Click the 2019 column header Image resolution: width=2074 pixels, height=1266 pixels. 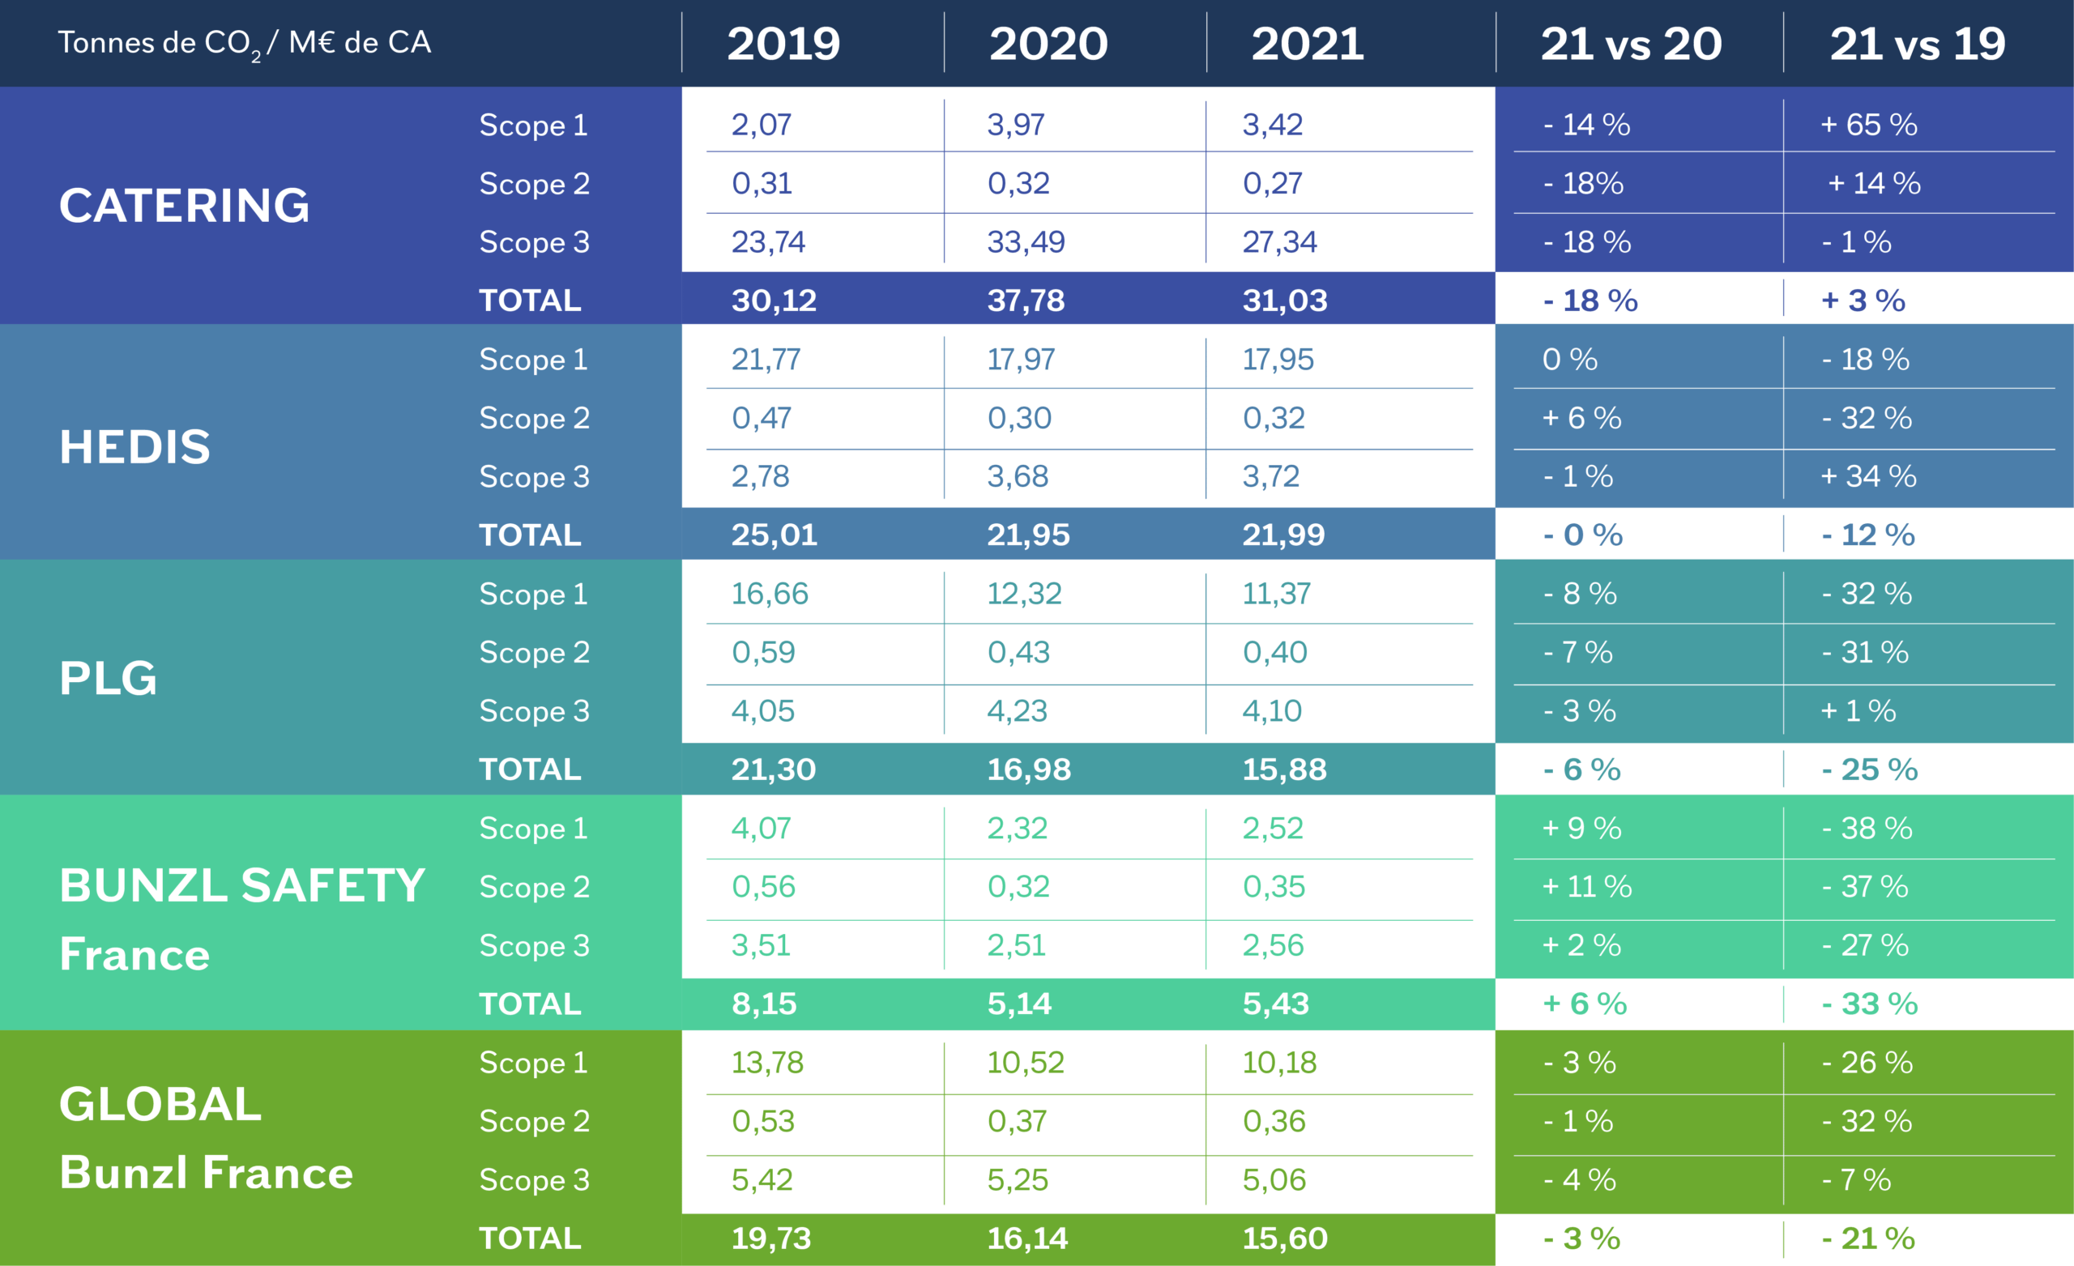pos(783,44)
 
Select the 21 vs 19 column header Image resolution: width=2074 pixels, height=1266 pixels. pos(1917,44)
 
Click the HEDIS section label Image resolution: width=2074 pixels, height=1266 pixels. pos(134,446)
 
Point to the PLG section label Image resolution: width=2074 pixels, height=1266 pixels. pos(108,678)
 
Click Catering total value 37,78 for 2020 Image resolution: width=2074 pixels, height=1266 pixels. pos(1025,301)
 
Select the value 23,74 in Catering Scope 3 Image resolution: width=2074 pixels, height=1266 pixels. pos(768,242)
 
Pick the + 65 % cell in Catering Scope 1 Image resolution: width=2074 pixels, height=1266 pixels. pos(1867,125)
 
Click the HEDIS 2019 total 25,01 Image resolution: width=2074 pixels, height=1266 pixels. pos(774,535)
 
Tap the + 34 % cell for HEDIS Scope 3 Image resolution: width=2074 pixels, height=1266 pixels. pos(1867,476)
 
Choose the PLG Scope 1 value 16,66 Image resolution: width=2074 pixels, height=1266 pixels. pos(769,594)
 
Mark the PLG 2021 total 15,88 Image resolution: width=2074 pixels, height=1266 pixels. pos(1283,769)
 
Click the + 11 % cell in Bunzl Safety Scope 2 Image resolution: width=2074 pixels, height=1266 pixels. pos(1585,886)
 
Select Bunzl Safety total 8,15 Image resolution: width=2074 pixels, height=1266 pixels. pos(763,1004)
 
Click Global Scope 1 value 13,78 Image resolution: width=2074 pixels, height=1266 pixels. pos(766,1063)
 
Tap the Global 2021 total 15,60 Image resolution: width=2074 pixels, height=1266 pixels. pos(1284,1238)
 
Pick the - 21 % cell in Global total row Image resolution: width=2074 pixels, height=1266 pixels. pos(1867,1238)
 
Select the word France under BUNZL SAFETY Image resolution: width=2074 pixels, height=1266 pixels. pos(134,954)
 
